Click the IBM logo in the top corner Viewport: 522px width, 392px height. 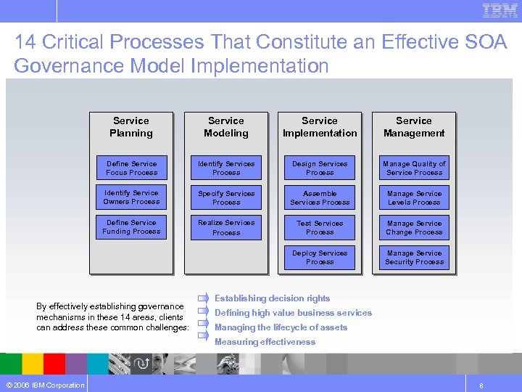[x=500, y=10]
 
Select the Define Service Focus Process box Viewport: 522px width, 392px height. [x=131, y=168]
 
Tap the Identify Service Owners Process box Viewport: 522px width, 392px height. [x=131, y=197]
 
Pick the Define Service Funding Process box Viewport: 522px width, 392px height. [x=131, y=227]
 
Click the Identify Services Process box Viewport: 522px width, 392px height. [x=226, y=168]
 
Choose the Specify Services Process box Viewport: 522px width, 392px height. [x=226, y=198]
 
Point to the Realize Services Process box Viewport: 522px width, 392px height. [x=226, y=228]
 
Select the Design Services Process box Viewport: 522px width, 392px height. [x=320, y=168]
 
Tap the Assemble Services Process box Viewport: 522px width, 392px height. [x=320, y=198]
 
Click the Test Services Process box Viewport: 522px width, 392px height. [x=320, y=228]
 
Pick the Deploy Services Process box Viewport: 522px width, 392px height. [x=320, y=258]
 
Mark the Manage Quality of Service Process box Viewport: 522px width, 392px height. [x=414, y=168]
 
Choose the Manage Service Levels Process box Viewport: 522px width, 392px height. [x=414, y=198]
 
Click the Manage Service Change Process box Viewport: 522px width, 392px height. [x=414, y=228]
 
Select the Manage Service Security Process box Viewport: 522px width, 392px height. [x=414, y=258]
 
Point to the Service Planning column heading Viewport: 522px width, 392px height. [x=131, y=127]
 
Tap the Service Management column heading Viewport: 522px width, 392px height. [x=414, y=127]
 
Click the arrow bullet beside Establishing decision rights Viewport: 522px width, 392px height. [x=204, y=298]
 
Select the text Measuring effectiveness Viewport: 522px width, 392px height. [x=265, y=342]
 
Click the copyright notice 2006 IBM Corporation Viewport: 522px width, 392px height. [x=43, y=385]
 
